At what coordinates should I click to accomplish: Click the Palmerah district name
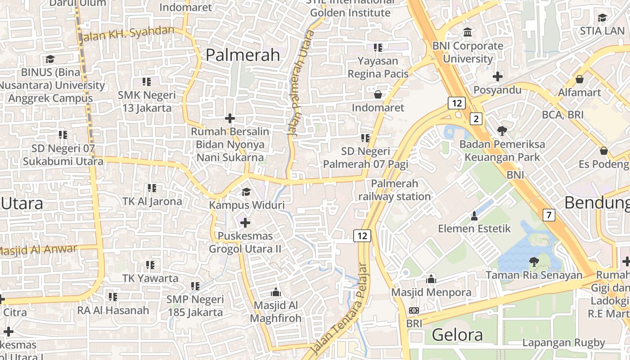tap(243, 55)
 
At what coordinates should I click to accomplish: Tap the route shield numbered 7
tap(549, 215)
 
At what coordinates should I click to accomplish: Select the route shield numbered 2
tap(476, 119)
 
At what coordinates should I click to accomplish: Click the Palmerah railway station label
tap(395, 190)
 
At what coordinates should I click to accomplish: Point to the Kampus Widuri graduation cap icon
tap(246, 192)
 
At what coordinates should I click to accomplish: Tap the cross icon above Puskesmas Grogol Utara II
tap(245, 223)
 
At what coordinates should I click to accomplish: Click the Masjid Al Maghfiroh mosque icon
tap(276, 292)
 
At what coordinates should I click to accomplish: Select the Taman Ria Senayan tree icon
tap(534, 261)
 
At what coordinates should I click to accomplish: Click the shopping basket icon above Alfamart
tap(580, 80)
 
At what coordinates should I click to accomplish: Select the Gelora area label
tap(457, 335)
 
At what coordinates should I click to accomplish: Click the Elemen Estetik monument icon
tap(474, 216)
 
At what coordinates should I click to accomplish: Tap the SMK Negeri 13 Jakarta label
tap(147, 102)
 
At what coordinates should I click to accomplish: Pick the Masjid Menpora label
tap(431, 292)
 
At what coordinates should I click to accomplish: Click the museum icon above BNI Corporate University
tap(468, 32)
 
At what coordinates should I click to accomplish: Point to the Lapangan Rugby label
tap(563, 342)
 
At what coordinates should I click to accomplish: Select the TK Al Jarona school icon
tap(152, 188)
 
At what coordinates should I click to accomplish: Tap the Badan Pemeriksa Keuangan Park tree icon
tap(502, 131)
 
